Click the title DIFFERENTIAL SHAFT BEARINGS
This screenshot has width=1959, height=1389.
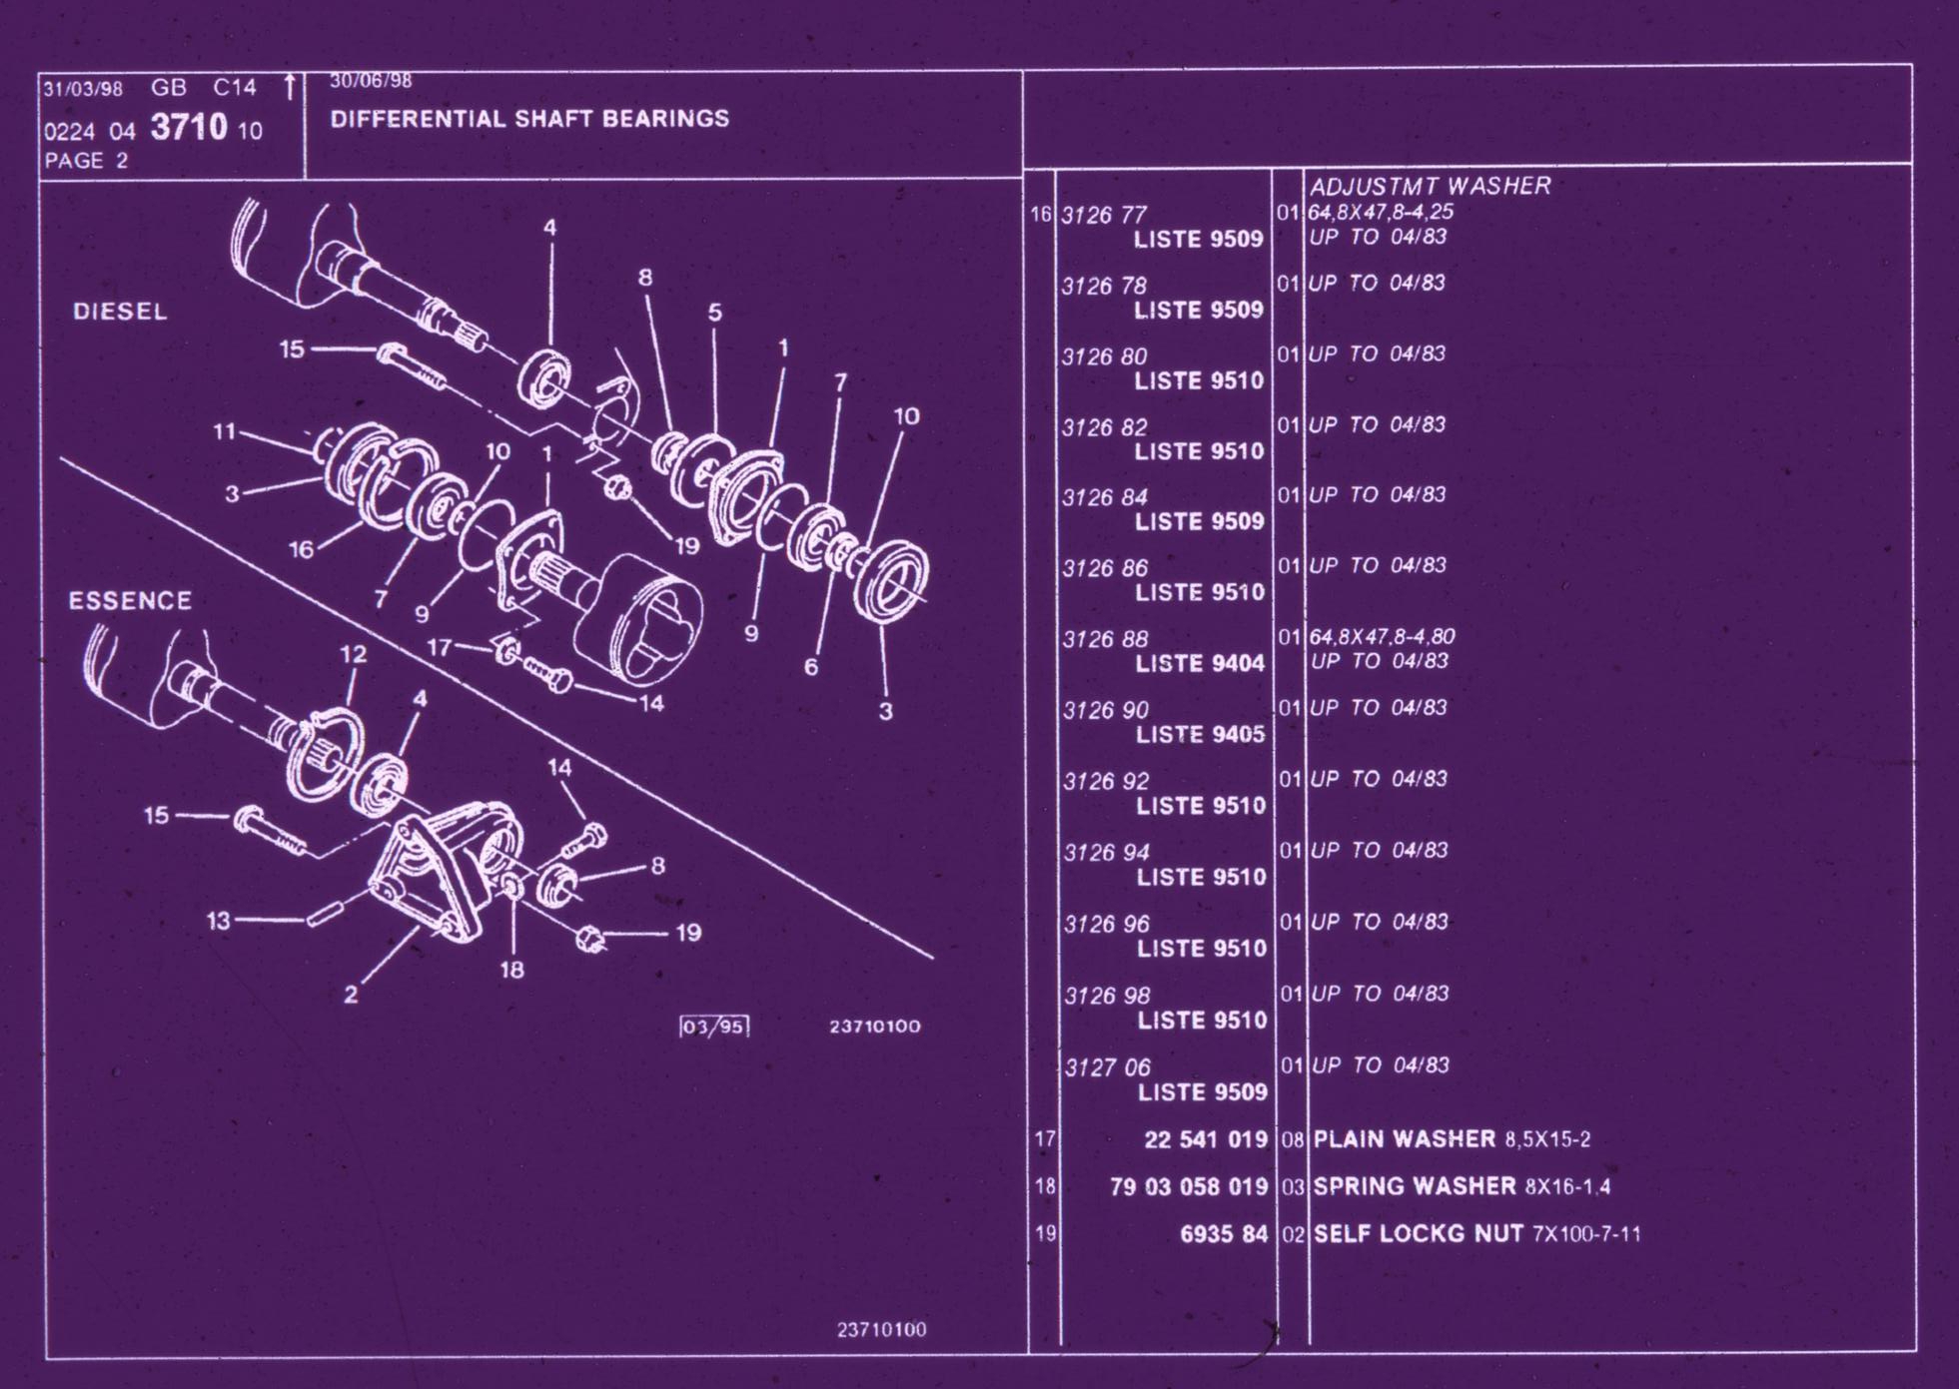click(x=529, y=119)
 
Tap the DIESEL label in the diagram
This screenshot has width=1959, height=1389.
click(x=120, y=312)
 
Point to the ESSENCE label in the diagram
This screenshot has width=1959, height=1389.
click(x=130, y=601)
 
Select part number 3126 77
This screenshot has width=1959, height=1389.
click(x=1104, y=215)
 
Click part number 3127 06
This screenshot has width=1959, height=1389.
click(x=1107, y=1067)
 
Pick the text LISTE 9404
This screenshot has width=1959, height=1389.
click(x=1200, y=663)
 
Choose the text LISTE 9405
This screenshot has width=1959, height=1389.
click(x=1201, y=735)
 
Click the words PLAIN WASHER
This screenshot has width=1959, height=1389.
click(x=1405, y=1139)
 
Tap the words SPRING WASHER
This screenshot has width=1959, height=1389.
click(x=1415, y=1186)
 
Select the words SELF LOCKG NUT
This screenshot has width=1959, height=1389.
click(x=1419, y=1234)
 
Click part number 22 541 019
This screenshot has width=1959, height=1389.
click(x=1206, y=1139)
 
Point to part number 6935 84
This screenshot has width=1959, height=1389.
click(x=1224, y=1234)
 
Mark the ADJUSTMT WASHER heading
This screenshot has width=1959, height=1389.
click(x=1430, y=186)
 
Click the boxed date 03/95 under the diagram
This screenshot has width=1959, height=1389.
click(x=713, y=1027)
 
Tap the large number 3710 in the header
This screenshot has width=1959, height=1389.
click(x=189, y=128)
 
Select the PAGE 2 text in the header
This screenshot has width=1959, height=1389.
click(x=86, y=161)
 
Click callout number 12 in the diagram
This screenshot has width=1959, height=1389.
click(x=353, y=654)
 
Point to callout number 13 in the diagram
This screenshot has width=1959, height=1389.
click(x=219, y=921)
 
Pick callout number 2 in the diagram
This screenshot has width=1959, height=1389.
click(x=351, y=995)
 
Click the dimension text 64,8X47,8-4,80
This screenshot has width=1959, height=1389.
click(x=1382, y=636)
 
